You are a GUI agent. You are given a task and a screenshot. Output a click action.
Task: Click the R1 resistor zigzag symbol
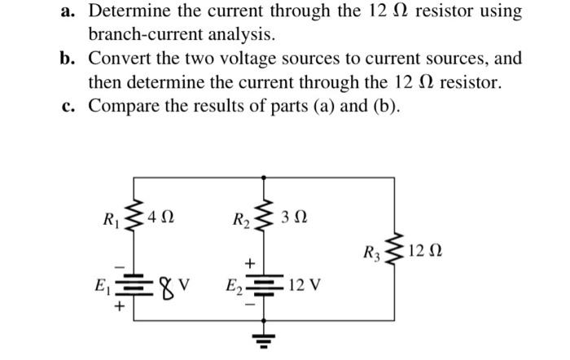(132, 218)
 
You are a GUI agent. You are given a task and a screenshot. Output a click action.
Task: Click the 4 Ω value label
(158, 218)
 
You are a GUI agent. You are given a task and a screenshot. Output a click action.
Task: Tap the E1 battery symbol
(132, 287)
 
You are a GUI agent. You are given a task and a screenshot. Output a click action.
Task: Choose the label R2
(240, 218)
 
